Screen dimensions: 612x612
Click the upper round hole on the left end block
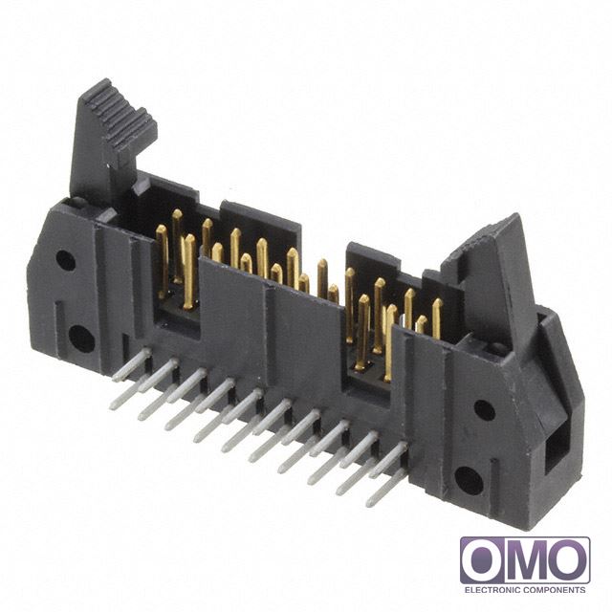65,260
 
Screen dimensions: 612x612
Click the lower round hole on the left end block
81,339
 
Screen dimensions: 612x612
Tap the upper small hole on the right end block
485,410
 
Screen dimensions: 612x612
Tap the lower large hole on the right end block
470,480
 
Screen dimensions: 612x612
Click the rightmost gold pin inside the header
437,318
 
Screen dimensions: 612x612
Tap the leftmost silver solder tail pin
132,364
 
